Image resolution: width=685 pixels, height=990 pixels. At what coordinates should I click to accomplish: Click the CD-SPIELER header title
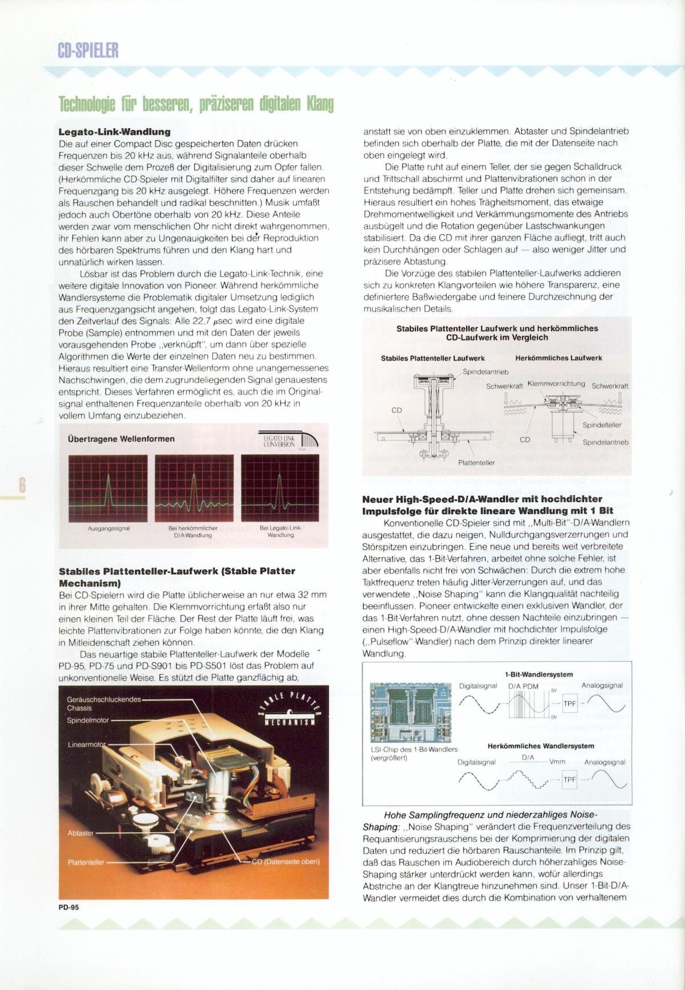click(x=88, y=51)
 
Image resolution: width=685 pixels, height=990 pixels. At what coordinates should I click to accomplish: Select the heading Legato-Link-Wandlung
click(x=115, y=132)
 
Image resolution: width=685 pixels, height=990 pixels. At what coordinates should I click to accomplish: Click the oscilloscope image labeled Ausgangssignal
click(x=108, y=488)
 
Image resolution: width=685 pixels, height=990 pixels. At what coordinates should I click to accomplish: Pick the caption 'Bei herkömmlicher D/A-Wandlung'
click(x=194, y=532)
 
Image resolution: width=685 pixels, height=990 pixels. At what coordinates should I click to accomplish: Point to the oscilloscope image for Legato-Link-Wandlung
click(x=280, y=488)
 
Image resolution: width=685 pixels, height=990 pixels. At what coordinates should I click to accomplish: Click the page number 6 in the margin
click(x=23, y=485)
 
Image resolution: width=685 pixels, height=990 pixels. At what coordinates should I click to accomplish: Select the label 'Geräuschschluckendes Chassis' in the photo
click(x=103, y=703)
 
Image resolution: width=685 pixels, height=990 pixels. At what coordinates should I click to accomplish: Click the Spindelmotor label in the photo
click(x=88, y=720)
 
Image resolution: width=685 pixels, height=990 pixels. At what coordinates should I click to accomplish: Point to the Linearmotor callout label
click(x=87, y=745)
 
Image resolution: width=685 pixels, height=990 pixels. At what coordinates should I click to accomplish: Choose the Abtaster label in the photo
click(x=80, y=833)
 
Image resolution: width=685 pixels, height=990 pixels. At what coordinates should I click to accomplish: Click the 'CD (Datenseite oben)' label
click(x=286, y=861)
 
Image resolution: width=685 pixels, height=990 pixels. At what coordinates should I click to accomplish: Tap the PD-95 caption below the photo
click(x=68, y=908)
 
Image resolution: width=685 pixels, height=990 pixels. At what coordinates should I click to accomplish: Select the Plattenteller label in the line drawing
click(x=476, y=462)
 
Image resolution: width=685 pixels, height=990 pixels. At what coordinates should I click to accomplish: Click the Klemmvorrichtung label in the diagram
click(x=556, y=384)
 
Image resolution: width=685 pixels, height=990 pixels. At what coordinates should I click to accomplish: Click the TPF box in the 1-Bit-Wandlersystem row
click(x=570, y=703)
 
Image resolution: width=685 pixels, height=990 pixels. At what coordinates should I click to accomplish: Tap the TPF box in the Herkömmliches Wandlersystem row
click(x=570, y=779)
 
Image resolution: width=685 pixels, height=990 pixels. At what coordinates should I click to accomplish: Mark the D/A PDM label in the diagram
click(x=523, y=686)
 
